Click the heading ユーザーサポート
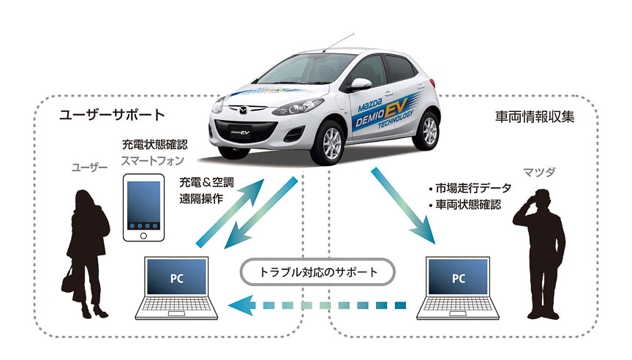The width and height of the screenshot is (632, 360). point(112,115)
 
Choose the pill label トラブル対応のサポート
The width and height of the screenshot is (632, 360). point(319,272)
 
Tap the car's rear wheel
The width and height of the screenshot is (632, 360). point(431,131)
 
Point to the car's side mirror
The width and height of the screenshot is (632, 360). point(361,83)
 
